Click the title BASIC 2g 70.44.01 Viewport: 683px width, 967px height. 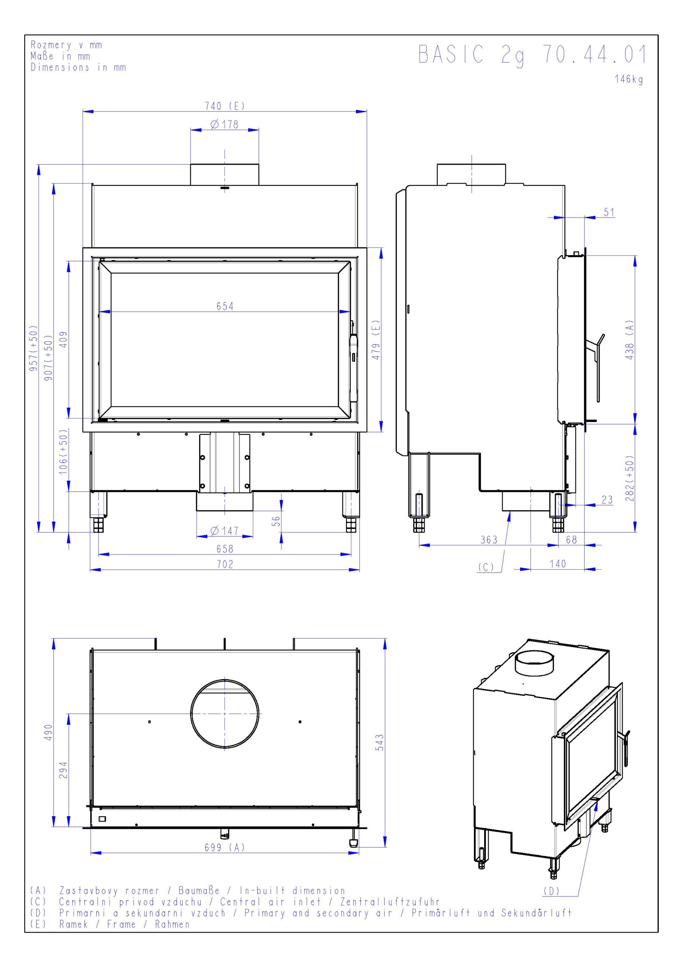[532, 55]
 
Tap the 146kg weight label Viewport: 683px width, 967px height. [628, 79]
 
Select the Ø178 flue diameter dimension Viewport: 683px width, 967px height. [224, 124]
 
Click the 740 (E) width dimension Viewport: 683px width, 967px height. [224, 106]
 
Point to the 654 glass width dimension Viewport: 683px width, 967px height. [225, 306]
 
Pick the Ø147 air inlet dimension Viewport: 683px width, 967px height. [224, 531]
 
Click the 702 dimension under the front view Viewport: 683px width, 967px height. [225, 564]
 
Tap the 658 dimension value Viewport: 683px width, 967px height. [225, 549]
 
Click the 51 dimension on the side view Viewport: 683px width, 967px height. [609, 212]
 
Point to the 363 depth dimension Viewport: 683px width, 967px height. [489, 539]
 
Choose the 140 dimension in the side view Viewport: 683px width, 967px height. [558, 564]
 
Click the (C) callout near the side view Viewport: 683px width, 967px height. [486, 567]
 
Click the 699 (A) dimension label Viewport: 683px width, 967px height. [224, 847]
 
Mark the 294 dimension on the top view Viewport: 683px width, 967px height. [63, 770]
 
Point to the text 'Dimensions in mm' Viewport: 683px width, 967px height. [78, 67]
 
